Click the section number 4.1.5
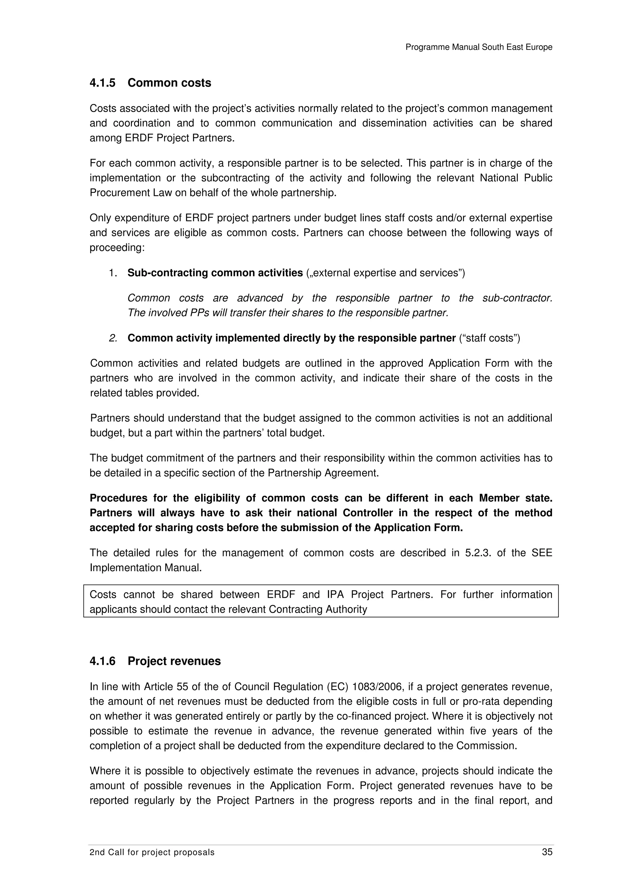click(102, 83)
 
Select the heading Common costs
click(169, 83)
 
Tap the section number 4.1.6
click(102, 661)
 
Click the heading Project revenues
click(174, 661)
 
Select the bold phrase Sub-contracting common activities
click(215, 273)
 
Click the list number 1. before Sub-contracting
click(113, 273)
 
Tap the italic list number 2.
click(113, 338)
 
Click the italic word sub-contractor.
click(517, 298)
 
